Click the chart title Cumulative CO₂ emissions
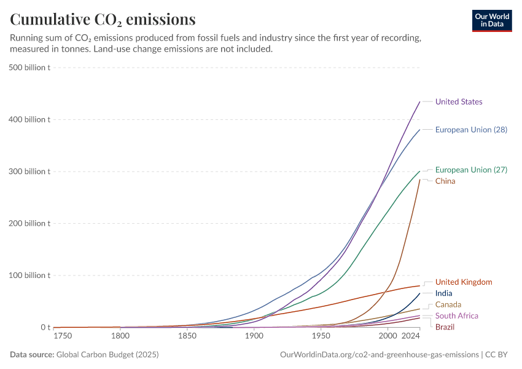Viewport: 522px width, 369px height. (x=103, y=20)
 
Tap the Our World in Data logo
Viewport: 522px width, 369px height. (x=492, y=20)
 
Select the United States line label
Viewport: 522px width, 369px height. (x=459, y=101)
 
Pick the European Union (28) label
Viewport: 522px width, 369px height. (x=471, y=130)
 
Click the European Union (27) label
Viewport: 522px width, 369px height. (x=471, y=170)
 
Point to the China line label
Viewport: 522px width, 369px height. (x=445, y=181)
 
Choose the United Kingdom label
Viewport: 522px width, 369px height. (x=464, y=282)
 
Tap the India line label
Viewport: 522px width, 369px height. (x=444, y=293)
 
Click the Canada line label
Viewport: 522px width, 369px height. (x=448, y=304)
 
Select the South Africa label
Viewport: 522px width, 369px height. (x=457, y=315)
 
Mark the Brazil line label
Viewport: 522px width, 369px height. (x=445, y=327)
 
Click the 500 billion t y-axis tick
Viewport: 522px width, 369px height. (x=29, y=68)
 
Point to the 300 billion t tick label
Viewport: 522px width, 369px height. (x=29, y=172)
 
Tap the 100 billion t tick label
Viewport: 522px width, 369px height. (x=29, y=276)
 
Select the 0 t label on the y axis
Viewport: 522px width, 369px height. (x=45, y=327)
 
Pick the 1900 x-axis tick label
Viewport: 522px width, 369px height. (x=254, y=337)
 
